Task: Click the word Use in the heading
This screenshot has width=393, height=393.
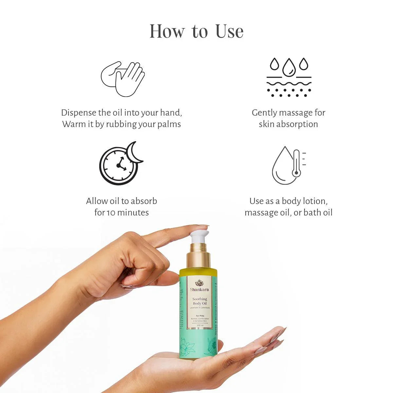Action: click(x=229, y=31)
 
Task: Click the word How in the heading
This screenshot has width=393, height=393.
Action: click(x=167, y=31)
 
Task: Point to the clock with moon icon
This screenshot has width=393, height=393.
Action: click(x=121, y=163)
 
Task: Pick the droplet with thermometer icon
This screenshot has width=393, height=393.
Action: click(x=288, y=165)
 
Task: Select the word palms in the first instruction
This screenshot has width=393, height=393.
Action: click(x=169, y=124)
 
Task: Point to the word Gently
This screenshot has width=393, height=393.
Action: click(x=264, y=113)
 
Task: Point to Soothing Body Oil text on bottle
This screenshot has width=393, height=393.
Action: click(x=199, y=301)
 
